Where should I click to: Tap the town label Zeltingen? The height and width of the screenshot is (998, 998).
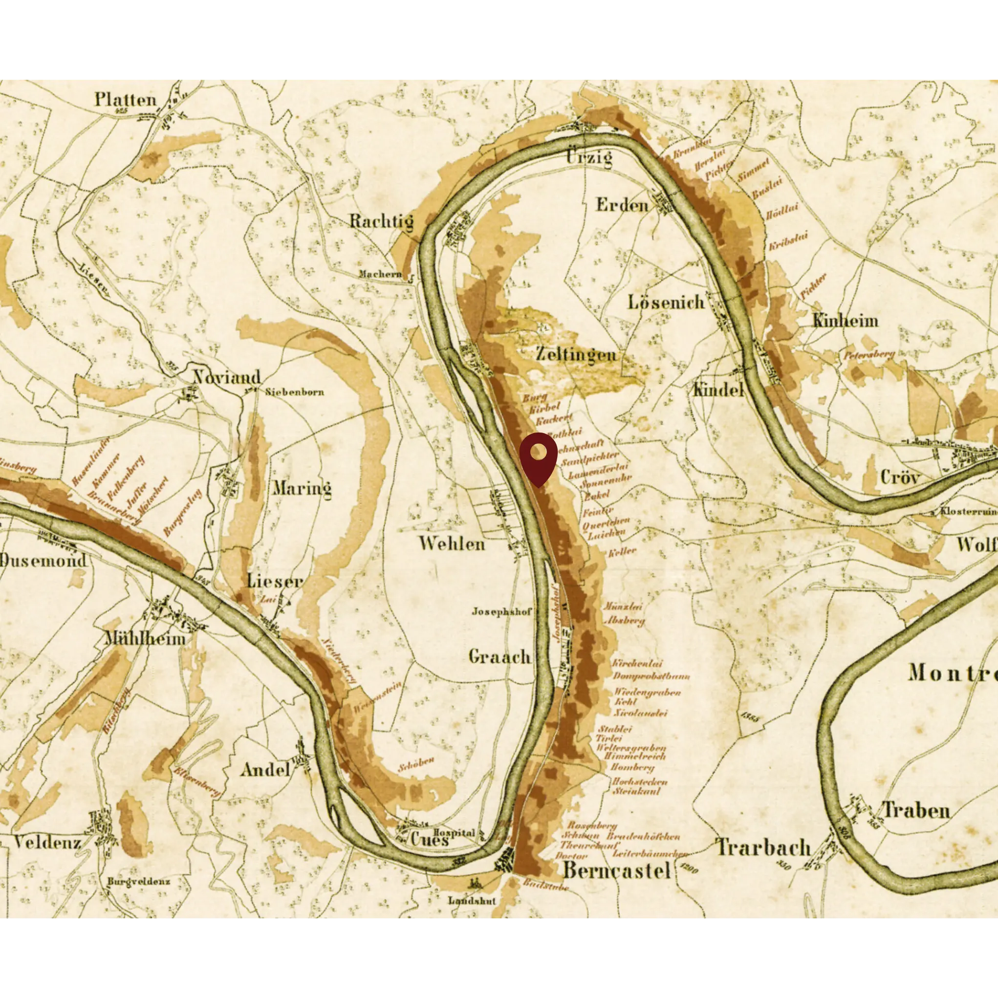[x=576, y=354]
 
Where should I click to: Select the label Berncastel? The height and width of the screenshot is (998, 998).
[x=617, y=870]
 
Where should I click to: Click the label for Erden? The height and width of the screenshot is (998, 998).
[x=622, y=205]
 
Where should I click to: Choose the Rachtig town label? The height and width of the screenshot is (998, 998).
[x=381, y=221]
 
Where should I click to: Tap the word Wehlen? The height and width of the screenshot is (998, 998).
[x=452, y=543]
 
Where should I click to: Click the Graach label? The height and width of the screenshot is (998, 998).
[x=499, y=656]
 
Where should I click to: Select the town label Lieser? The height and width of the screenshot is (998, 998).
[x=274, y=581]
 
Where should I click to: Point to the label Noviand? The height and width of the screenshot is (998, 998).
[x=227, y=377]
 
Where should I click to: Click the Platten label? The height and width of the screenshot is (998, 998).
[x=126, y=100]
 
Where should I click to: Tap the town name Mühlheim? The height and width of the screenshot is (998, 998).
[x=145, y=638]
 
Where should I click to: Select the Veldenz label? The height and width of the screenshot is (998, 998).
[x=47, y=843]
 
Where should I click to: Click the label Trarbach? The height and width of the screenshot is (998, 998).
[x=763, y=847]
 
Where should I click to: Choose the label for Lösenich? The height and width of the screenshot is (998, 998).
[x=666, y=302]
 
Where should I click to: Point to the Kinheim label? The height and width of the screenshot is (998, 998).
[x=845, y=321]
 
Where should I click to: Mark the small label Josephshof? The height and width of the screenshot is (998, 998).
[x=501, y=611]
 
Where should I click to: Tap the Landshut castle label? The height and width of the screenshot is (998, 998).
[x=472, y=900]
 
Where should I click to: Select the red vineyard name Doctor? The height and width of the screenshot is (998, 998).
[x=571, y=855]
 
